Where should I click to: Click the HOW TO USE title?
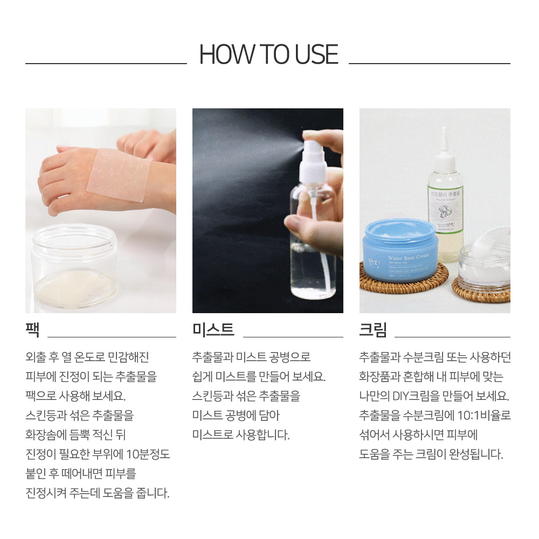268,55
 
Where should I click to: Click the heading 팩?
32,329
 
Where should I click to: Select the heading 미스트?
213,329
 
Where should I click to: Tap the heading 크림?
373,329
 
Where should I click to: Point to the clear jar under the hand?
74,267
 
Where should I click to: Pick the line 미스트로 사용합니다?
241,435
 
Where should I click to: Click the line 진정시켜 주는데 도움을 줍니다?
98,493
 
